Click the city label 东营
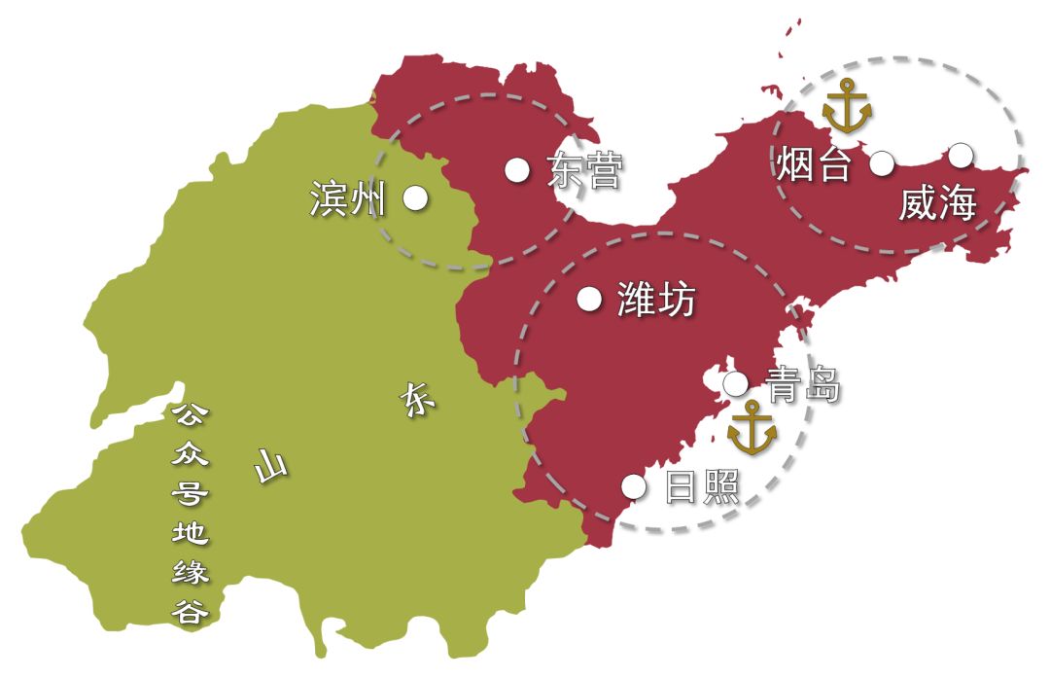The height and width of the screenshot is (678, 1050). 584,172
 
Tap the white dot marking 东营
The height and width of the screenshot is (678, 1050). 517,170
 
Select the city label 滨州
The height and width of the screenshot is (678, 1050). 348,198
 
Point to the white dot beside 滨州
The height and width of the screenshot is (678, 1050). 416,197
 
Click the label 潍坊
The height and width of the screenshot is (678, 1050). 657,300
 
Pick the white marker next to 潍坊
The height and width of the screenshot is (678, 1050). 589,299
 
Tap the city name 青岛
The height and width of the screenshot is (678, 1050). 802,385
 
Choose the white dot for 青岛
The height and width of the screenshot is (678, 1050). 735,384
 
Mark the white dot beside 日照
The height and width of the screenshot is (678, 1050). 634,486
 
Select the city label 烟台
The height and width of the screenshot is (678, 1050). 815,164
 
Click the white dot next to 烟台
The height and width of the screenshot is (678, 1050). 882,163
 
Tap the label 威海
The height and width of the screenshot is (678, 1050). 937,204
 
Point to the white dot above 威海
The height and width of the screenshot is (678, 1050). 961,154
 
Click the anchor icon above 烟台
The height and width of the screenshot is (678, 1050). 847,107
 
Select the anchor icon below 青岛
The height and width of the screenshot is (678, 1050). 752,428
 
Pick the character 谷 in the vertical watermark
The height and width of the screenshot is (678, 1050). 190,612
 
